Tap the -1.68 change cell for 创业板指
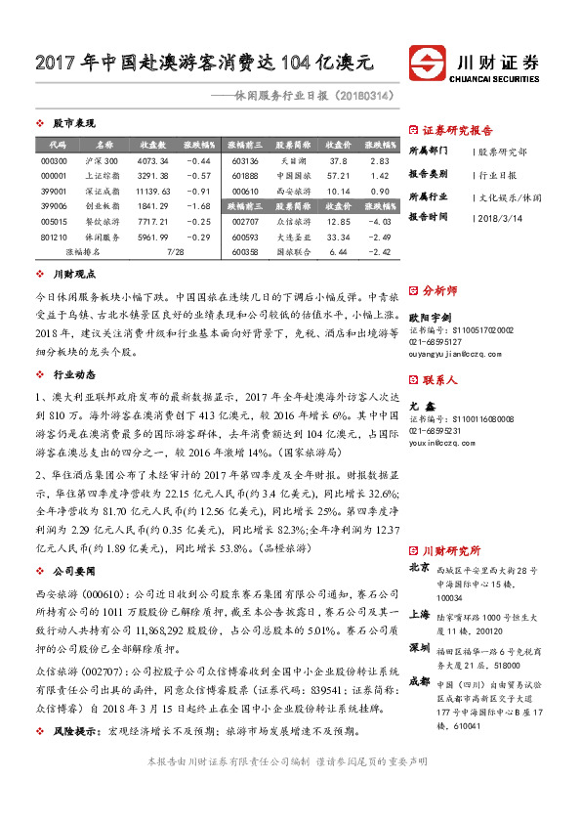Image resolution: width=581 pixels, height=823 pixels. [199, 206]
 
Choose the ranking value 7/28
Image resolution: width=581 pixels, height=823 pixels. [176, 251]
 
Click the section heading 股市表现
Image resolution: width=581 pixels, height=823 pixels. [72, 124]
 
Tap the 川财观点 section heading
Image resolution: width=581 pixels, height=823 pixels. [72, 277]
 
